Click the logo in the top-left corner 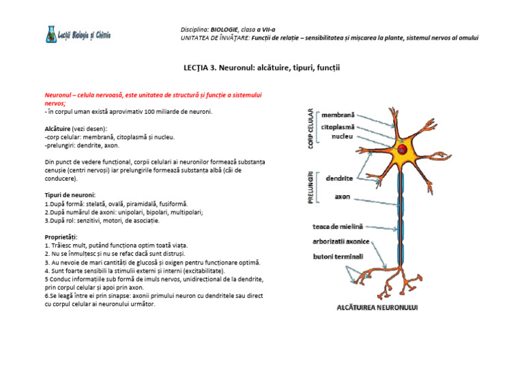coord(78,35)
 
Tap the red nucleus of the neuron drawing coord(403,149)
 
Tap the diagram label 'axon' coord(343,196)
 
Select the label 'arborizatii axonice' coord(341,241)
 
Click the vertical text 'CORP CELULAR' coord(310,129)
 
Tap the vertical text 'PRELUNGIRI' coord(310,187)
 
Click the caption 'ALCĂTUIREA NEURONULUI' coord(377,308)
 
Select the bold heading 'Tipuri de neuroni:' coord(70,194)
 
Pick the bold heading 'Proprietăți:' coord(61,237)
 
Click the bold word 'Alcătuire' coord(58,128)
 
